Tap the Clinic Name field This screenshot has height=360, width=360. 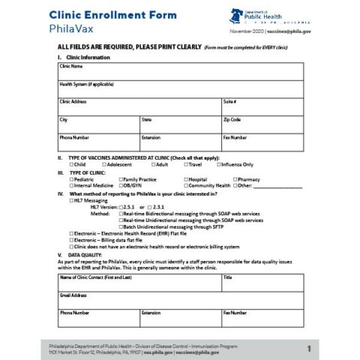tap(180, 73)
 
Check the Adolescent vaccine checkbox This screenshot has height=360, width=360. tap(104, 164)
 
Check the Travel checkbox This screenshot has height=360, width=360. tap(186, 164)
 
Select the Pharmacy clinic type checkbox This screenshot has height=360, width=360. tap(235, 179)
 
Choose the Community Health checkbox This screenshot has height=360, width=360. tap(186, 185)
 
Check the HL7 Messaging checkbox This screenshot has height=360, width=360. tap(71, 201)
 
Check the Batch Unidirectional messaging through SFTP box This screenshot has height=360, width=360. tap(121, 226)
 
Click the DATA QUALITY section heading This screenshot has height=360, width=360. tap(85, 254)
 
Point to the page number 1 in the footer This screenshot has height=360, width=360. tap(308, 349)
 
